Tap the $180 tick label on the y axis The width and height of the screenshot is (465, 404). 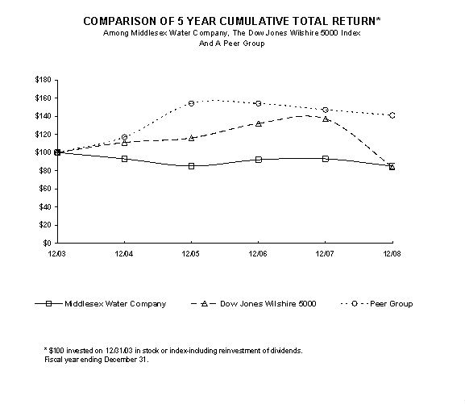(x=43, y=80)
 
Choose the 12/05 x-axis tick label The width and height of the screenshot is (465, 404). (x=191, y=254)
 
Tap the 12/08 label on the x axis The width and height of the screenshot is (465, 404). (x=392, y=254)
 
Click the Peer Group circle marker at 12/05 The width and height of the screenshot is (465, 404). (x=191, y=103)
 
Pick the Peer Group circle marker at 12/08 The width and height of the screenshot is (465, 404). (x=392, y=115)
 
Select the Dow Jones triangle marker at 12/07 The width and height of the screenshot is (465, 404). (x=325, y=119)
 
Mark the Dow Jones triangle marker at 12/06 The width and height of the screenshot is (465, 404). (x=258, y=123)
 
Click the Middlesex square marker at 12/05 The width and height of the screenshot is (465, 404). (x=191, y=166)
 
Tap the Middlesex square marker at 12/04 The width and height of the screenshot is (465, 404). (x=124, y=159)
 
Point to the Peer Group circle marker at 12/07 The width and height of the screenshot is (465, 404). (x=325, y=110)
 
